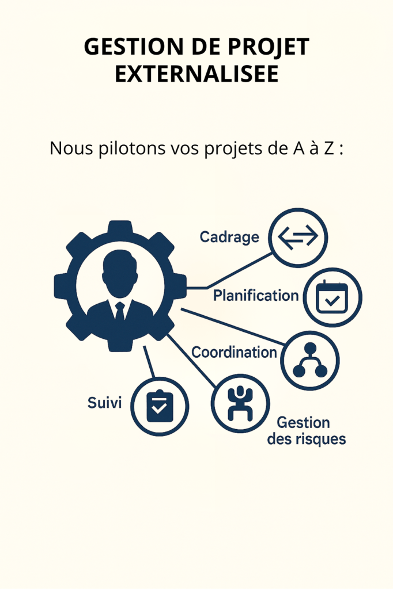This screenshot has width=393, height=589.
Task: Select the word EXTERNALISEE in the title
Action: coord(197,74)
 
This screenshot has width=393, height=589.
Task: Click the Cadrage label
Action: coord(229,236)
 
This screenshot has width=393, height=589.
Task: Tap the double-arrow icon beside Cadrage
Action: coord(298,237)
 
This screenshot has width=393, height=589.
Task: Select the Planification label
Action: coord(256,296)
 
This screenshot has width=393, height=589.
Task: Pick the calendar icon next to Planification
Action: coord(332,297)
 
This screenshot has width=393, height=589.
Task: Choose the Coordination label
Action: coord(234,352)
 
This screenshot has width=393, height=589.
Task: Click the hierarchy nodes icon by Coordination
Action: coord(310,360)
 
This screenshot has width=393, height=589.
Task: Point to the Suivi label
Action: coord(104,403)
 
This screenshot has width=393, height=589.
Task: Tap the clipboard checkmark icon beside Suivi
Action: coord(160,406)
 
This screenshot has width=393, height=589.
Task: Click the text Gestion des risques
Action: coord(306,431)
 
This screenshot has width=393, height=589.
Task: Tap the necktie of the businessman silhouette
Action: coord(120,312)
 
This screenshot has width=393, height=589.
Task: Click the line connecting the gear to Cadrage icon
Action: coord(239,270)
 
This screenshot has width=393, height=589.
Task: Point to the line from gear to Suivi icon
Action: coord(149,362)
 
